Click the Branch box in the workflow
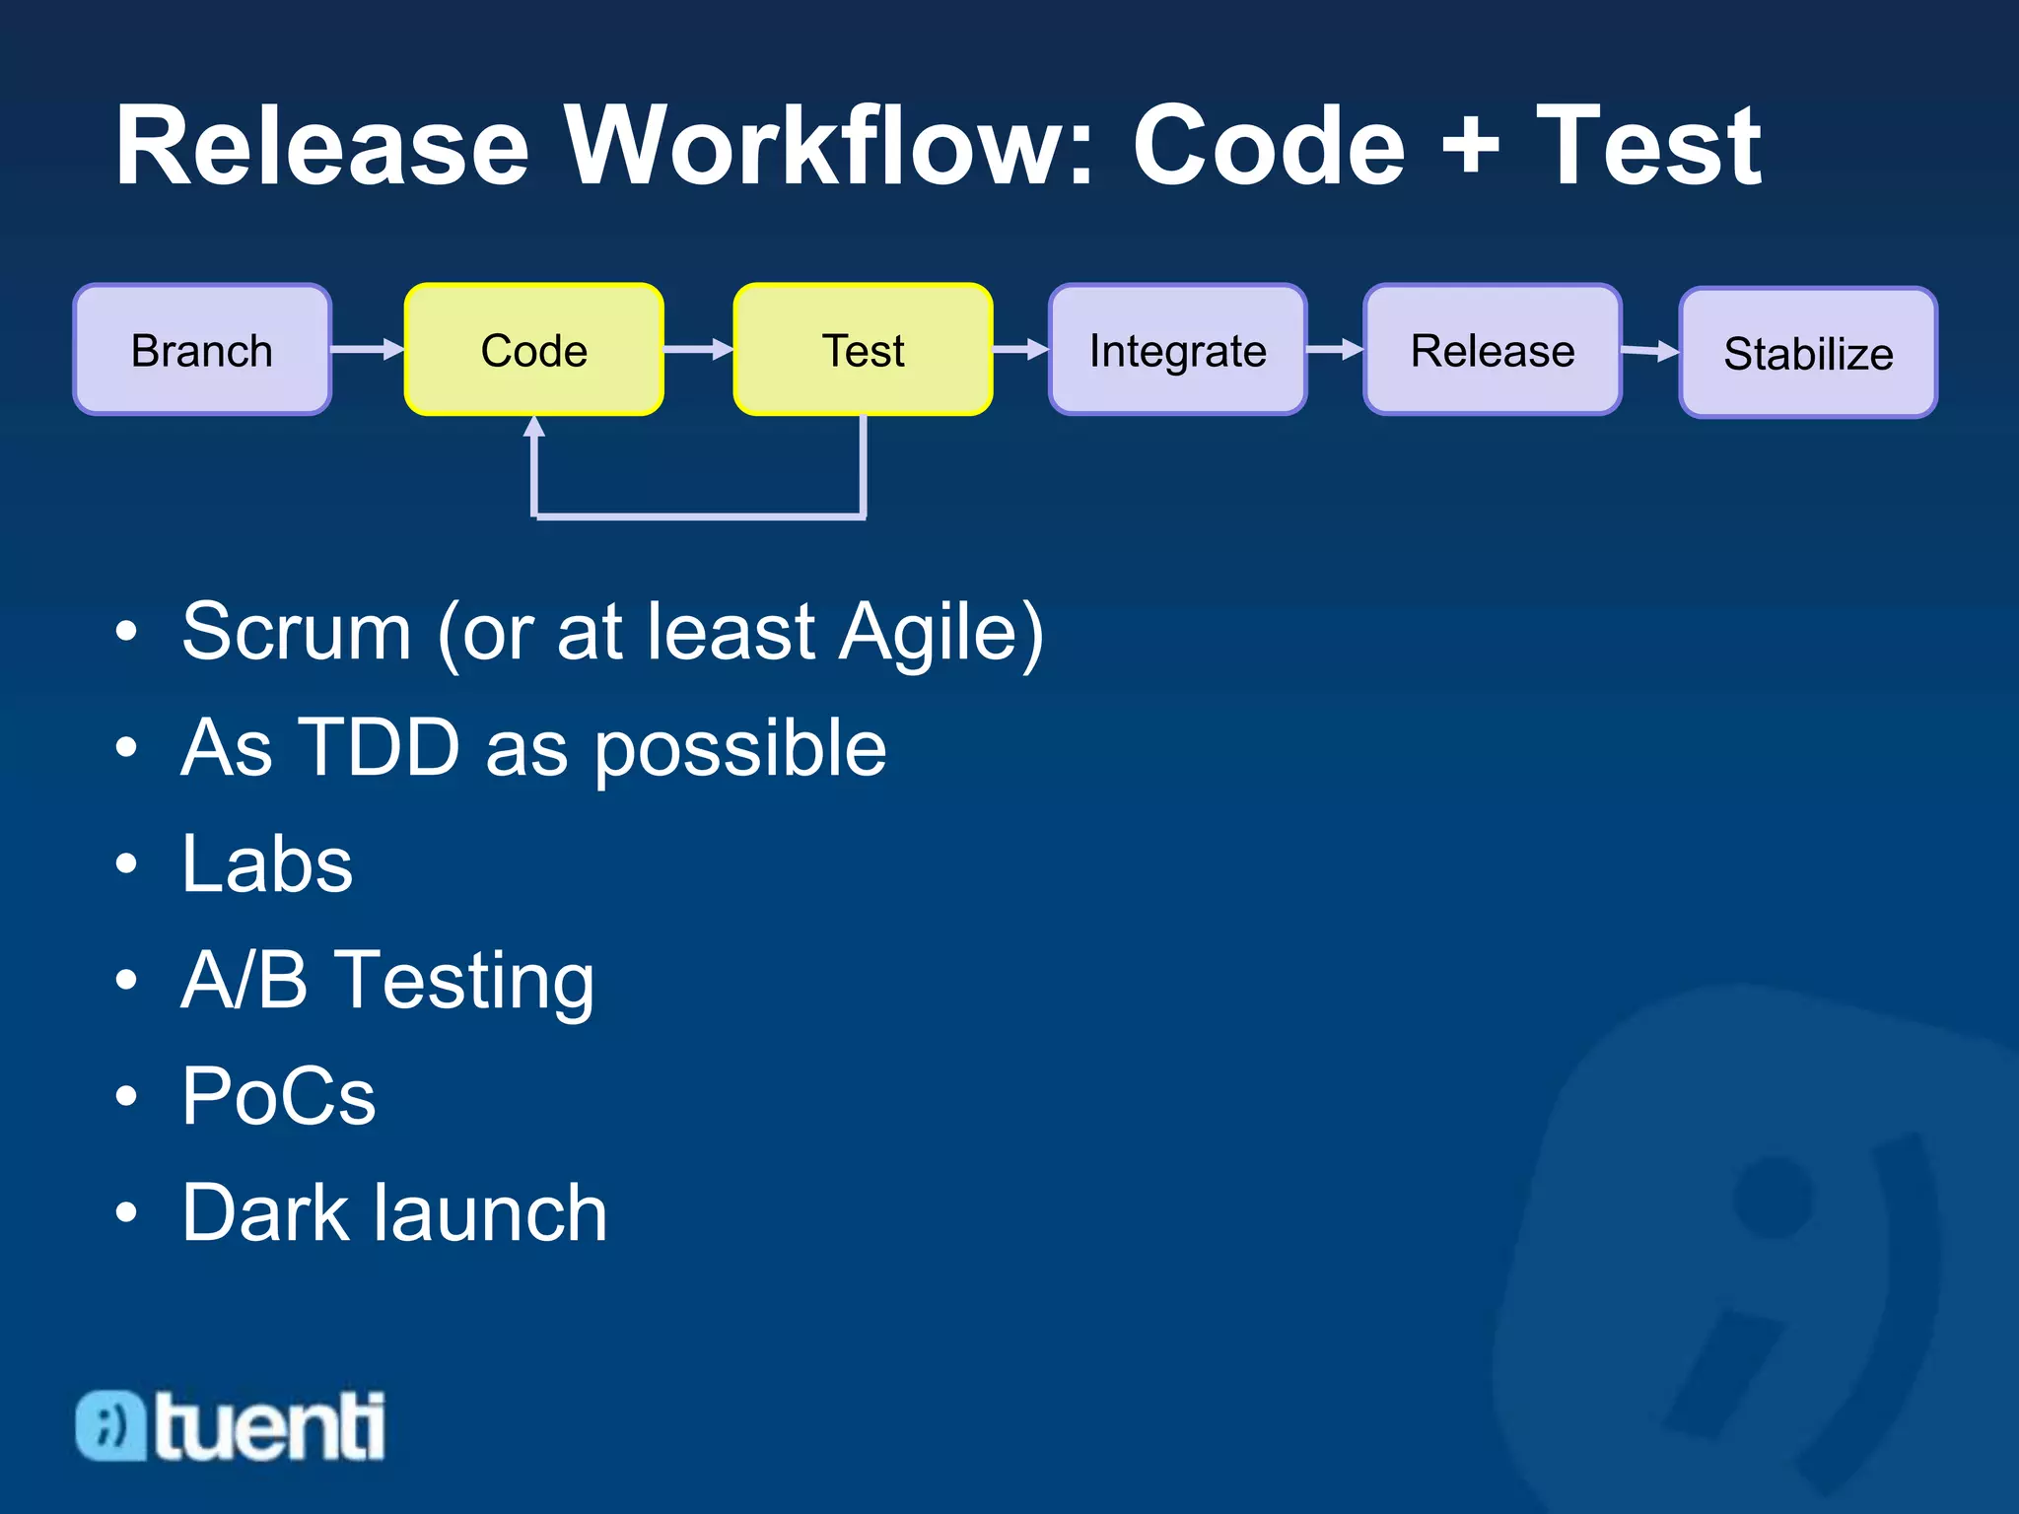[x=202, y=350]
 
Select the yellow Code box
[x=533, y=350]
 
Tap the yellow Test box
[x=863, y=350]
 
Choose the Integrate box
[x=1177, y=350]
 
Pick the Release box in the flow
[x=1492, y=350]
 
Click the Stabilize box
[x=1808, y=353]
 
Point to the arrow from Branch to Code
[x=368, y=349]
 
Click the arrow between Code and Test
[x=698, y=349]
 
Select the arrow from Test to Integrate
[x=1020, y=349]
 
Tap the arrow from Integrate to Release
[x=1335, y=349]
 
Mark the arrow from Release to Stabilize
[x=1650, y=351]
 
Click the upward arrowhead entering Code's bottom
[x=534, y=427]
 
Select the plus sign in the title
[x=1470, y=148]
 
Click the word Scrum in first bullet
[x=296, y=632]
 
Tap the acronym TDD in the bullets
[x=379, y=747]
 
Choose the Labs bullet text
[x=267, y=864]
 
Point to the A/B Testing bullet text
[x=387, y=981]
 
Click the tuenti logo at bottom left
[x=231, y=1425]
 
